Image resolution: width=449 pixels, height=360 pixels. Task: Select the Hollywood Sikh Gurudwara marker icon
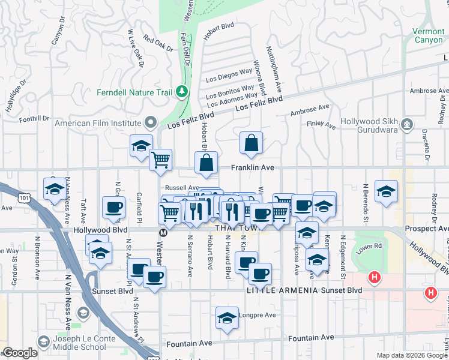[x=408, y=124]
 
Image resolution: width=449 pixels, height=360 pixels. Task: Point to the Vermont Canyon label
[x=429, y=35]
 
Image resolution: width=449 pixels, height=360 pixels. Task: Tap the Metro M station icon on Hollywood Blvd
[x=163, y=232]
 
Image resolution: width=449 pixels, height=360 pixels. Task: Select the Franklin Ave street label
[x=254, y=168]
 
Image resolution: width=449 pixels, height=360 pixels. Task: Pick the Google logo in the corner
[x=20, y=353]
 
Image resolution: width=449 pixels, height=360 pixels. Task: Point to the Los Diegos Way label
[x=229, y=75]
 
